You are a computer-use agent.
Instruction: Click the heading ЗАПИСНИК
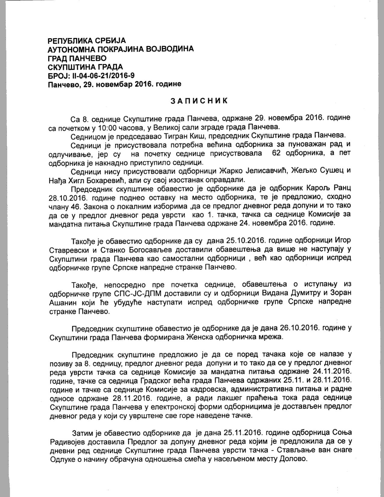pos(199,101)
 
